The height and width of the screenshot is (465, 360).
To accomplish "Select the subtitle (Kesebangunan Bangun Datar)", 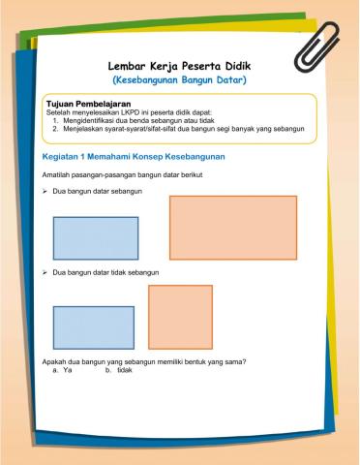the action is [x=180, y=79].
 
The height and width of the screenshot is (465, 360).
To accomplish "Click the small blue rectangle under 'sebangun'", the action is [x=96, y=238].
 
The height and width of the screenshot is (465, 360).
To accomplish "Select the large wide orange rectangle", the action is [x=232, y=228].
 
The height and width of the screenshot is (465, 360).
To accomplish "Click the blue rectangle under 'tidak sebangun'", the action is [x=93, y=327].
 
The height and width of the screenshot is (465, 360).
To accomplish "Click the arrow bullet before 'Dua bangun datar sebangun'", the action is [x=45, y=192].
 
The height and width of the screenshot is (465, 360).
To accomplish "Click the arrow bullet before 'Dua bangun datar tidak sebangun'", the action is [x=45, y=272].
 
